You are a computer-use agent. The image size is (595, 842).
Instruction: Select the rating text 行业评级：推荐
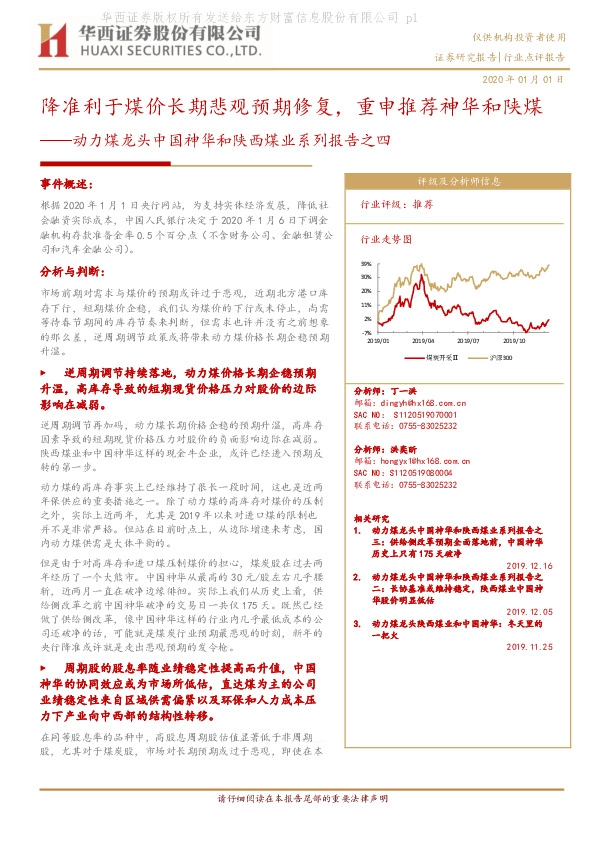[x=396, y=203]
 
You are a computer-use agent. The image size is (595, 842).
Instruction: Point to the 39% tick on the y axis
[x=366, y=264]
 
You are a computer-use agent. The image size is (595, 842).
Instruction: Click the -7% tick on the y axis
[x=367, y=332]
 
